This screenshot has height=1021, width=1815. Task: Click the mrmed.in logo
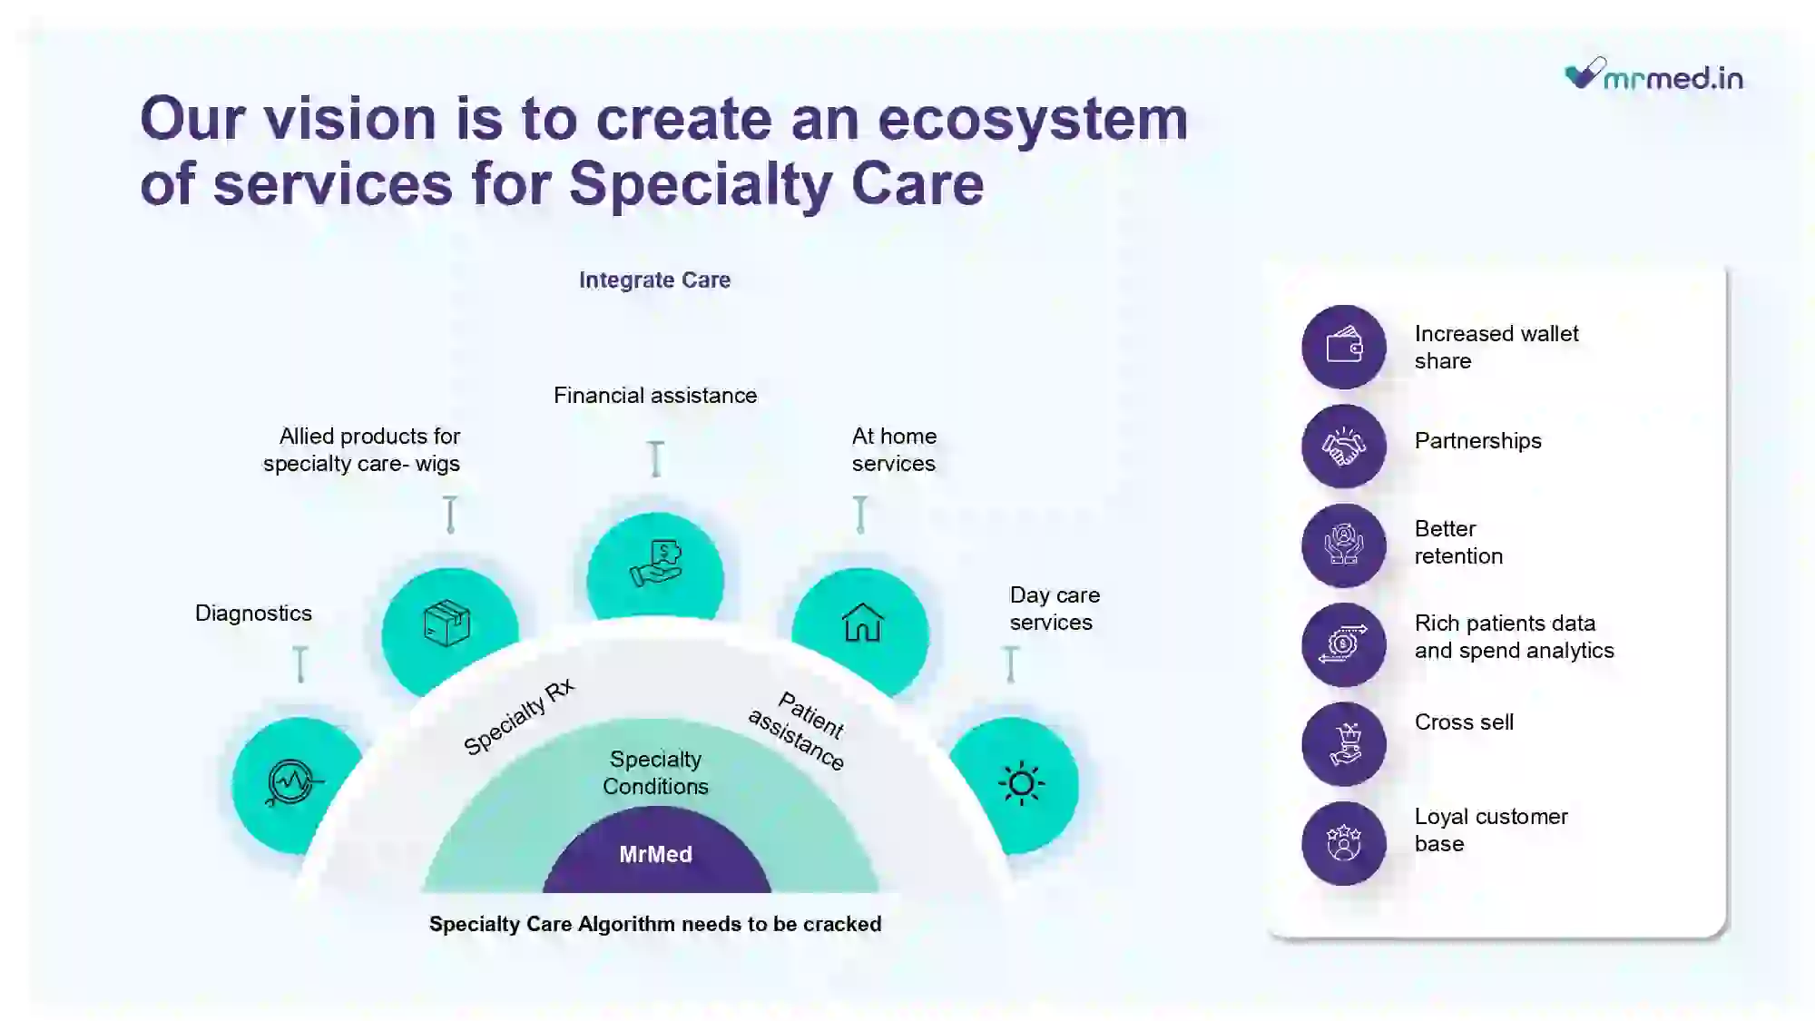click(x=1653, y=74)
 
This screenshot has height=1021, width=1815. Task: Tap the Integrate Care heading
click(x=654, y=280)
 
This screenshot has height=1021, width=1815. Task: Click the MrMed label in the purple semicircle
click(x=655, y=854)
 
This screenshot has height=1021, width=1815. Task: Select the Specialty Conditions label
click(x=655, y=772)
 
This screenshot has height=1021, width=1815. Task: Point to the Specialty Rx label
click(x=519, y=716)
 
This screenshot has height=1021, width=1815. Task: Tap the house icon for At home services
click(x=862, y=623)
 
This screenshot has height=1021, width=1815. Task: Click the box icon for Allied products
click(x=447, y=623)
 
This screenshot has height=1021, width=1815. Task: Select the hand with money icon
click(x=656, y=564)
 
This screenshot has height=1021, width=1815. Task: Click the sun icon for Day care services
click(x=1021, y=783)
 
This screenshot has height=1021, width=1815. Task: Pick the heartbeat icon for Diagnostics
click(x=292, y=782)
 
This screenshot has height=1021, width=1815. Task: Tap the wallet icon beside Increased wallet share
click(x=1344, y=346)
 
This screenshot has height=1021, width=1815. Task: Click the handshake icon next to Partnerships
click(x=1344, y=446)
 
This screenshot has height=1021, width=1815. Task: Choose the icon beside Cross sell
click(x=1344, y=743)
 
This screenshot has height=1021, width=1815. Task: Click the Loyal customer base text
click(x=1491, y=830)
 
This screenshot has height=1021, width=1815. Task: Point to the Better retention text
click(x=1458, y=542)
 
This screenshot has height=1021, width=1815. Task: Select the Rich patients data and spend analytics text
click(x=1514, y=636)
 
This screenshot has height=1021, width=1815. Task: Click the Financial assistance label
click(x=655, y=395)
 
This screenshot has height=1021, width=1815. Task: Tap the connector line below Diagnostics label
click(x=300, y=664)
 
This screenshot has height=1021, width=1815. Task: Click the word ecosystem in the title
click(x=1033, y=119)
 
